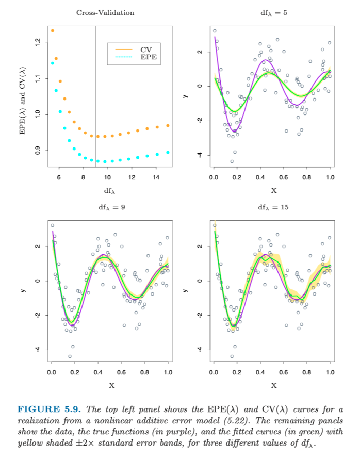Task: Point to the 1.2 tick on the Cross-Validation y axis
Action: coord(37,43)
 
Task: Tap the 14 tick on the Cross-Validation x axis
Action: coord(156,177)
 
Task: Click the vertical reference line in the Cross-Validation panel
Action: coord(95,93)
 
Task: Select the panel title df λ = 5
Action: coord(273,13)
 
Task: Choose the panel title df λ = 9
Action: coord(111,207)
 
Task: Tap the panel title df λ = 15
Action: coord(273,207)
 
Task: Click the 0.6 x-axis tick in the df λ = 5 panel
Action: coord(284,177)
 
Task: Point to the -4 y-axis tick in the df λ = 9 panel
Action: coord(37,350)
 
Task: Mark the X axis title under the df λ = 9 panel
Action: coord(111,385)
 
